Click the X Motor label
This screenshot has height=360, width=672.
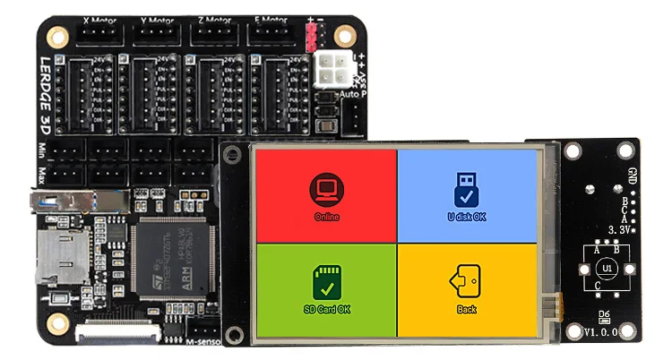click(x=103, y=18)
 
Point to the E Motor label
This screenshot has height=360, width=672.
click(x=268, y=18)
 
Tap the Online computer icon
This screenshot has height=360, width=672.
click(x=326, y=189)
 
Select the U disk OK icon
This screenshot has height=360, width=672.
click(x=467, y=189)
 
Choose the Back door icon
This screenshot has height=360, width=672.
click(x=466, y=280)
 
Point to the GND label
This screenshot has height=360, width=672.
click(x=633, y=176)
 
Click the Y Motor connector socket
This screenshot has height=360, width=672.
click(x=158, y=35)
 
